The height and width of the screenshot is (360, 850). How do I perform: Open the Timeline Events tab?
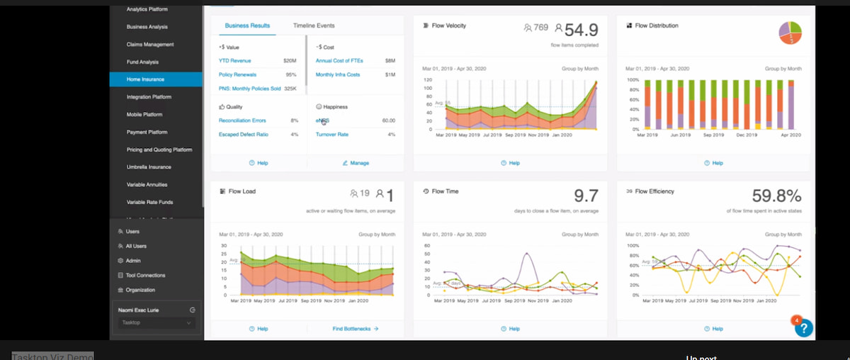click(314, 26)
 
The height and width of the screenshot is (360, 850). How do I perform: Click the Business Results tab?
click(247, 26)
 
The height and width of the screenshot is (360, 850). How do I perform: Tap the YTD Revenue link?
click(234, 61)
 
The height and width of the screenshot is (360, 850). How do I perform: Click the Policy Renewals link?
click(237, 74)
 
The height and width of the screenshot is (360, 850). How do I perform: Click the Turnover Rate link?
click(331, 134)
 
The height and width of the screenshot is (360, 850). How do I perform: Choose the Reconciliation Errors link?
click(242, 120)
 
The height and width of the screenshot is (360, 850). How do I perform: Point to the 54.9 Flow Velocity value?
click(581, 30)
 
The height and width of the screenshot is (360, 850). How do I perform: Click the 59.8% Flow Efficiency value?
click(776, 196)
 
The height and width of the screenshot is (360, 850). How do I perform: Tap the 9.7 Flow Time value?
click(586, 196)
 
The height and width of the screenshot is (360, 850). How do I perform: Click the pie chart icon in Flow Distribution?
click(790, 33)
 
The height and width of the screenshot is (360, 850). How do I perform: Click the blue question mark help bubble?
click(804, 327)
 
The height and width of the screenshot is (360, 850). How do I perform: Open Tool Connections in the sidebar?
click(145, 275)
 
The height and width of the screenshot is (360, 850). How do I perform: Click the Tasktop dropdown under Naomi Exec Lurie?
click(156, 322)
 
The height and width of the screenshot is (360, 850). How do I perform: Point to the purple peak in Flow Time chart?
click(526, 254)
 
